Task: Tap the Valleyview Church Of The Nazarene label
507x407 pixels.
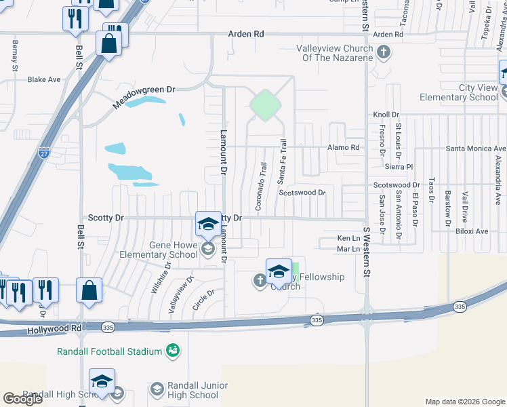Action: (335, 53)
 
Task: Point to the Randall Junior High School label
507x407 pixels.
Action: (184, 391)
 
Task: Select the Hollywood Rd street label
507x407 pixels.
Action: (55, 330)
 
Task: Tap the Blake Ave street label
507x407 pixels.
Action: (44, 79)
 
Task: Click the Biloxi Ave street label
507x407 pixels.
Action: (472, 231)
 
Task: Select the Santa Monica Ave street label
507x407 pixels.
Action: (476, 148)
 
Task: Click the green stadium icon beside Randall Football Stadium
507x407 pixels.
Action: (173, 351)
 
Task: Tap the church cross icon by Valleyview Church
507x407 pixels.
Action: (384, 52)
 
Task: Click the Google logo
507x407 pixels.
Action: (23, 399)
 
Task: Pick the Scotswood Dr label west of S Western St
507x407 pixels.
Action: (302, 193)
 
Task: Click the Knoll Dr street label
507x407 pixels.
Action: (386, 115)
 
